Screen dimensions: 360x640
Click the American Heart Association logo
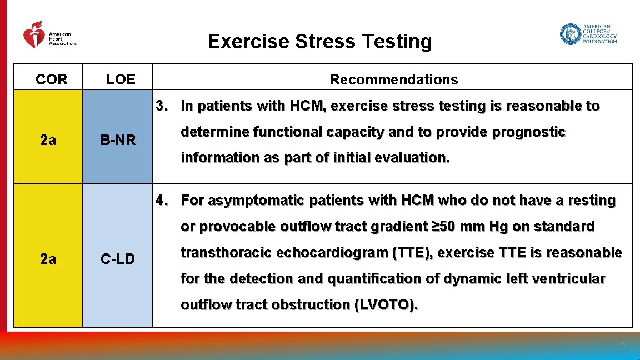click(x=49, y=35)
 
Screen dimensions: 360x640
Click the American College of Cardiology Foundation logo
click(x=588, y=34)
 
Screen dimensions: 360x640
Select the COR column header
click(x=51, y=79)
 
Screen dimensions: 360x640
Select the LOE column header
click(x=121, y=79)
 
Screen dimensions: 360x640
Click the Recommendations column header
click(x=393, y=79)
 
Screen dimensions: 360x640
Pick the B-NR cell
click(x=118, y=141)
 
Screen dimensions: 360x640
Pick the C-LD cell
click(x=118, y=258)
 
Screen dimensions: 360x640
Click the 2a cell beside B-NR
click(x=48, y=141)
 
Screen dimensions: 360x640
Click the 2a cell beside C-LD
click(x=48, y=258)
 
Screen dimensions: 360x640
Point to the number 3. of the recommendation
click(x=162, y=106)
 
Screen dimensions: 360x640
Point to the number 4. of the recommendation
click(x=162, y=201)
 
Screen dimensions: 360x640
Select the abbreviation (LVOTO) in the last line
click(x=386, y=305)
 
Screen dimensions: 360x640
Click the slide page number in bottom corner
click(x=623, y=344)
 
